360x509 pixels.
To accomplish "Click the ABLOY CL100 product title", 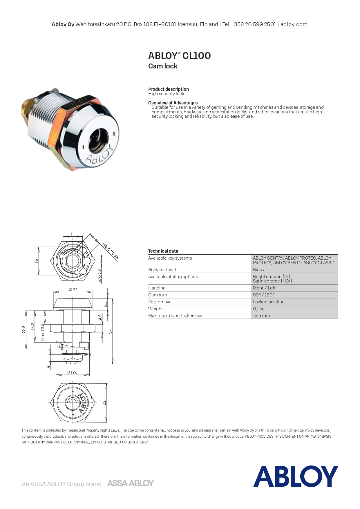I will pyautogui.click(x=179, y=55).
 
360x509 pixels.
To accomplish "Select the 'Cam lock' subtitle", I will pyautogui.click(x=163, y=66).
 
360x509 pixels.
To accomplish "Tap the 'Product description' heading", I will pyautogui.click(x=168, y=89).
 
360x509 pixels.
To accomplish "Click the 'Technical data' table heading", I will pyautogui.click(x=163, y=251).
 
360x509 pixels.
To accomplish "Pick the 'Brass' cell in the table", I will pyautogui.click(x=258, y=269).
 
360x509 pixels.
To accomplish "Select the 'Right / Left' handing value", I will pyautogui.click(x=264, y=288).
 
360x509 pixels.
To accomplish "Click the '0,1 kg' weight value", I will pyautogui.click(x=258, y=309).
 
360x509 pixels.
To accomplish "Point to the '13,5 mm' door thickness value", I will pyautogui.click(x=261, y=315).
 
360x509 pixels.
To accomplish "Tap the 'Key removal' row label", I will pyautogui.click(x=160, y=302).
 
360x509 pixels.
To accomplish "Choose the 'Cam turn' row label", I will pyautogui.click(x=158, y=295).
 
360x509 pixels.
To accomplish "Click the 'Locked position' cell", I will pyautogui.click(x=269, y=302).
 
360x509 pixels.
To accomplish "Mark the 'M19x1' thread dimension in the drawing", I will pyautogui.click(x=73, y=372).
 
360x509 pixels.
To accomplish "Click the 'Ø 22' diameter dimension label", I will pyautogui.click(x=73, y=289).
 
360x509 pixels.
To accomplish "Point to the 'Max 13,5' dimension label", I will pyautogui.click(x=43, y=332).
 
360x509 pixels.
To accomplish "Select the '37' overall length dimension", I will pyautogui.click(x=110, y=331).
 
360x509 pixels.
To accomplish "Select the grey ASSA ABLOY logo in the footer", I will pyautogui.click(x=130, y=483).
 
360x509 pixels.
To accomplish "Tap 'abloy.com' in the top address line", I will pyautogui.click(x=294, y=24).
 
